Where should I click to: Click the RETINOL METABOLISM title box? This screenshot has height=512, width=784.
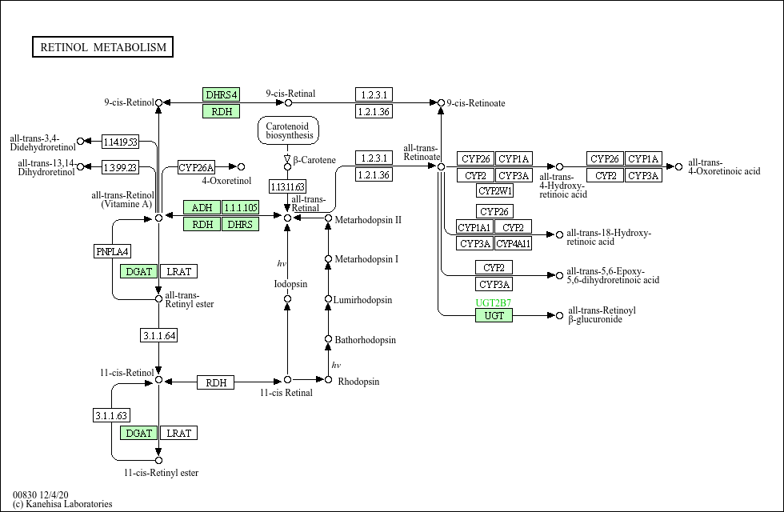102,47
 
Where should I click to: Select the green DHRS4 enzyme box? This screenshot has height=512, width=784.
221,94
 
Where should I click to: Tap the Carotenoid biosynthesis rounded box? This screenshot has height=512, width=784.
288,130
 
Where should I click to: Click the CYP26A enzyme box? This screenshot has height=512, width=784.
196,167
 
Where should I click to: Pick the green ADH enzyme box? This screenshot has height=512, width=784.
202,207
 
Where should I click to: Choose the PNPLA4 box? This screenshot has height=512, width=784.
113,251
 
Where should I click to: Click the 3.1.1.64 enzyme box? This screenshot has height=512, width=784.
159,335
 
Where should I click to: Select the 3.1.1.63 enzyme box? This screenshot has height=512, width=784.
111,415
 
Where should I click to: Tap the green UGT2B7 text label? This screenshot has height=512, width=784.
493,302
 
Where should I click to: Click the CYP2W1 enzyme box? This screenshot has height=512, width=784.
494,190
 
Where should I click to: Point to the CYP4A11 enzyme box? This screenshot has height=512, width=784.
513,243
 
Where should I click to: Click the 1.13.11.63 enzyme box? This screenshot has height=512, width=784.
287,187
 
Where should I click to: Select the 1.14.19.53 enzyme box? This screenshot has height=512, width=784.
120,142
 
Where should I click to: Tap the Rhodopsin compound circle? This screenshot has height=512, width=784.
328,380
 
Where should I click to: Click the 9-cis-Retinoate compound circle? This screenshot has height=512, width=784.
441,103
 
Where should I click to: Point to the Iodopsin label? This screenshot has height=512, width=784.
290,284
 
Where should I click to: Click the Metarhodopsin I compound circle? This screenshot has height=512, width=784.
328,259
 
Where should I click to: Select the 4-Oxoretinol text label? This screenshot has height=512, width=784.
226,181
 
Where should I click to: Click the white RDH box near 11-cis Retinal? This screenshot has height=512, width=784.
215,382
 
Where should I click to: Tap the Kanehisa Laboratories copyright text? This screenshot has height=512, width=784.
62,504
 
